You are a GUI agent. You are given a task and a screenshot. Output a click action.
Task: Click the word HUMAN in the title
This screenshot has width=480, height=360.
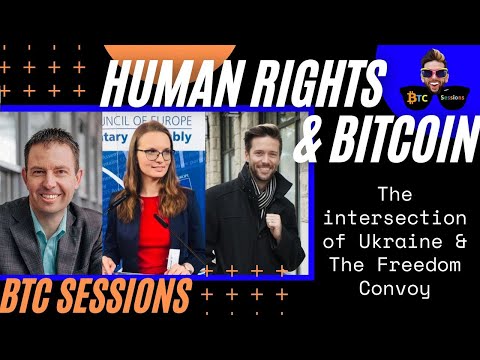click(x=159, y=84)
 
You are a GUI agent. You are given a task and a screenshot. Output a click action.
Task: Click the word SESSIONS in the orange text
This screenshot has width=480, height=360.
click(x=129, y=297)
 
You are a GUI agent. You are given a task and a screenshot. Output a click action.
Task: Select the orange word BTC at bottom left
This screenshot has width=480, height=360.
click(x=34, y=297)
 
